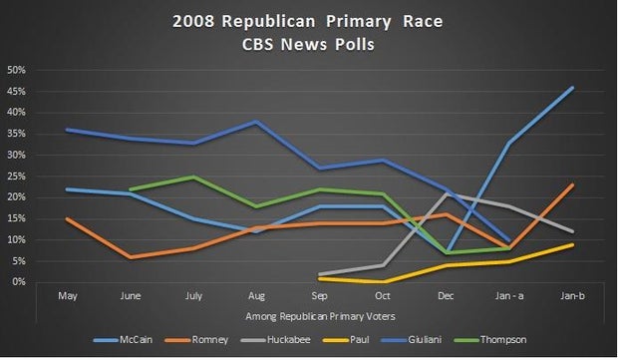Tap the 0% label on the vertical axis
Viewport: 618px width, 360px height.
tap(19, 282)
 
